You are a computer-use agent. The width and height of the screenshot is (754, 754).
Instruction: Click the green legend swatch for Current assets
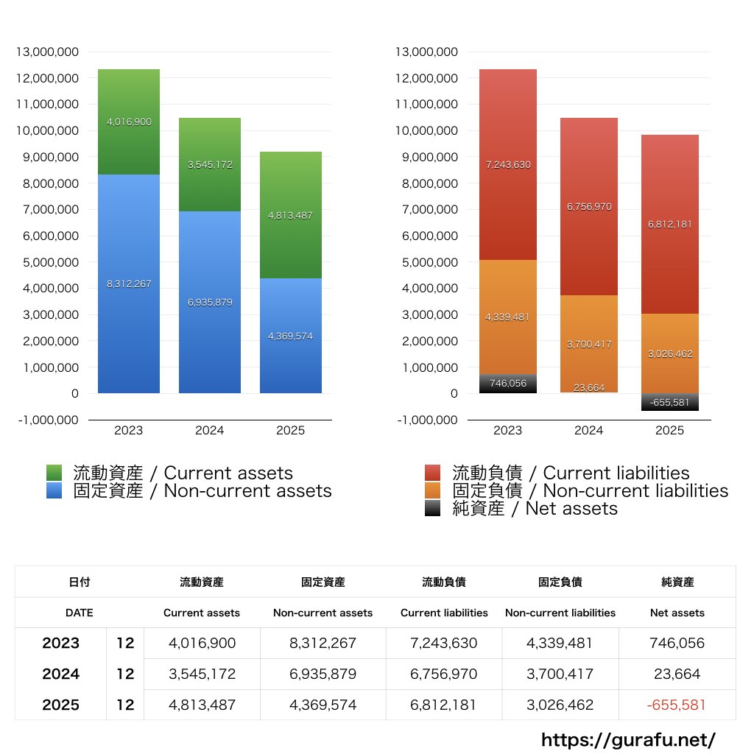pyautogui.click(x=54, y=473)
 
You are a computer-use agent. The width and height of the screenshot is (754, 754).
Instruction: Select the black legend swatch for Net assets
pyautogui.click(x=433, y=508)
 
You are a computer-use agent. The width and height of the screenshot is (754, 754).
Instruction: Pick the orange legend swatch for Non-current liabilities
pyautogui.click(x=433, y=490)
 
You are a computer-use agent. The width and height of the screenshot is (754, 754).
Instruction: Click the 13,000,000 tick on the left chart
pyautogui.click(x=47, y=52)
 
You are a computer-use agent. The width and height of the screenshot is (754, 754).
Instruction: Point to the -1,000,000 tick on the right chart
pyautogui.click(x=426, y=420)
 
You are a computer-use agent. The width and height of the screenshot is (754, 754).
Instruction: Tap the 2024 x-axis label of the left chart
pyautogui.click(x=210, y=430)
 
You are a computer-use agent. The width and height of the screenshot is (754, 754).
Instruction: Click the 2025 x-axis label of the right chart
pyautogui.click(x=669, y=430)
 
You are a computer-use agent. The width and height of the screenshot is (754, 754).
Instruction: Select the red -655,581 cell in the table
pyautogui.click(x=676, y=705)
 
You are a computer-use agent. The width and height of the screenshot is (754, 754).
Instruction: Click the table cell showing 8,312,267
pyautogui.click(x=323, y=643)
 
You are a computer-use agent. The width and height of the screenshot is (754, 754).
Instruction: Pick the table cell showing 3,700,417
pyautogui.click(x=560, y=674)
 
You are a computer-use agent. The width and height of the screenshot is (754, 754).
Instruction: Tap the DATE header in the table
pyautogui.click(x=79, y=613)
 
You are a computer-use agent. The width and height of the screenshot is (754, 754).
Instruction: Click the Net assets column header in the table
pyautogui.click(x=677, y=613)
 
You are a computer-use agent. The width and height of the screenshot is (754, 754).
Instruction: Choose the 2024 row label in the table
pyautogui.click(x=60, y=674)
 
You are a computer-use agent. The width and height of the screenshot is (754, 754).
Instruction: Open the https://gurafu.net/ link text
pyautogui.click(x=628, y=739)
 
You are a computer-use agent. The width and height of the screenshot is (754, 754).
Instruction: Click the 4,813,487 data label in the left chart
pyautogui.click(x=291, y=216)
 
